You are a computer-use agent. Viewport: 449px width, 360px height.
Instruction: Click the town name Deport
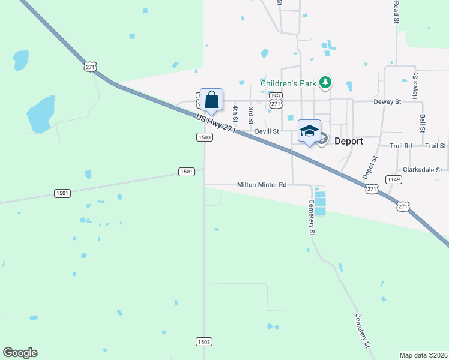(349, 142)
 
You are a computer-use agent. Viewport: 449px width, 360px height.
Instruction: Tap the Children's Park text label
(288, 83)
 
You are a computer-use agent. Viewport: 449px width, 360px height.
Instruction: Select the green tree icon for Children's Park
(325, 82)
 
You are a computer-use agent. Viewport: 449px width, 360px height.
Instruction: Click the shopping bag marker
(212, 100)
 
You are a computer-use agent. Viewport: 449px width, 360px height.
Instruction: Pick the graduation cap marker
(309, 131)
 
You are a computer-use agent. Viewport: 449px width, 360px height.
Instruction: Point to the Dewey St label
(387, 102)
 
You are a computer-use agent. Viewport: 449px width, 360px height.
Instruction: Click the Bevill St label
(267, 131)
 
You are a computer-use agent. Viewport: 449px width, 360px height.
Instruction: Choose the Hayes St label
(414, 87)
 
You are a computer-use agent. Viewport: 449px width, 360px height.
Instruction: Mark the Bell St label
(423, 123)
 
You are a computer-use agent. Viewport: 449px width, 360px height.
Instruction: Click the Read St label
(396, 12)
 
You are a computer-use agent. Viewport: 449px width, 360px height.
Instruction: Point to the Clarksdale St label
(423, 170)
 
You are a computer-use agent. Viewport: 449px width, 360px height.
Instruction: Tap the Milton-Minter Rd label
(262, 185)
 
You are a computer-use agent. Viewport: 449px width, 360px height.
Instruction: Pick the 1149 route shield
(393, 179)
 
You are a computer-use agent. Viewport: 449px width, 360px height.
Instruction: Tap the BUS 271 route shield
(276, 100)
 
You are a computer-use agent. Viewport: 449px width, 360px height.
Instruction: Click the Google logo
(20, 353)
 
